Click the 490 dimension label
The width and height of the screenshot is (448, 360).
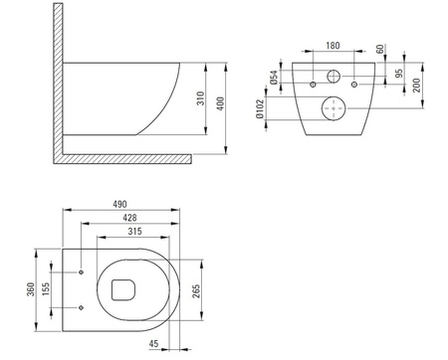(x=119, y=204)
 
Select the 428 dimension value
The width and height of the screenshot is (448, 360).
(x=129, y=218)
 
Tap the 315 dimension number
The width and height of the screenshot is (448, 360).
(x=135, y=231)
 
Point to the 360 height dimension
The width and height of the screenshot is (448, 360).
(x=31, y=289)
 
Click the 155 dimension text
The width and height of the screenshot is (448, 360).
(x=46, y=289)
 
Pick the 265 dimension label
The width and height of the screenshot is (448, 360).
(x=196, y=291)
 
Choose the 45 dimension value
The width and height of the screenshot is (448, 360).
(x=153, y=344)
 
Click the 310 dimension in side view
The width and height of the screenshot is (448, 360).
(x=201, y=98)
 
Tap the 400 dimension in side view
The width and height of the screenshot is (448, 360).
(x=220, y=103)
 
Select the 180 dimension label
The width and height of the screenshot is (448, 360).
(x=333, y=46)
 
